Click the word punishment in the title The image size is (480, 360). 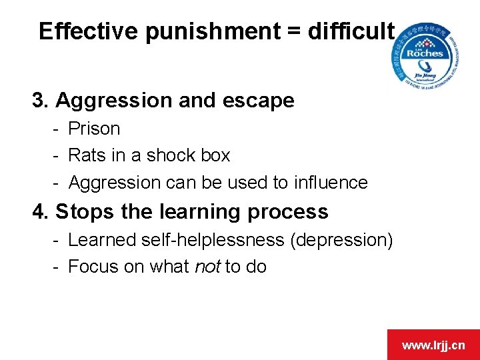tap(215, 31)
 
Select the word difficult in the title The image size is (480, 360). tap(351, 31)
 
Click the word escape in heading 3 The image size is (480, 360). tap(262, 101)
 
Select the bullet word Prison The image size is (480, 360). tap(94, 129)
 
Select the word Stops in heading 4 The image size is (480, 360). tap(81, 212)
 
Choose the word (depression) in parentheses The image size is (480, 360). tap(341, 240)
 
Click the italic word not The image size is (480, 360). tap(207, 267)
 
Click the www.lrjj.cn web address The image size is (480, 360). tap(433, 345)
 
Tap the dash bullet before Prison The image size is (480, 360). tap(58, 129)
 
